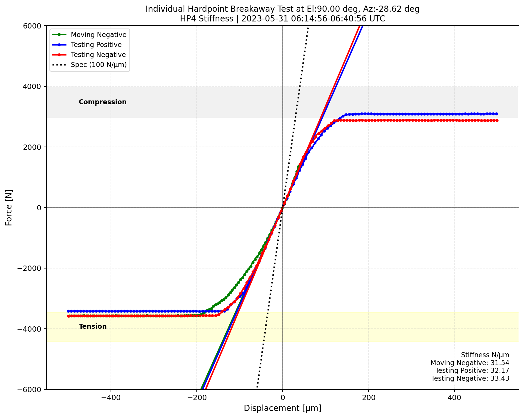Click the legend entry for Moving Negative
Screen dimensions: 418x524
pos(99,35)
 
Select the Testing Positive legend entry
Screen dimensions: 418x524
pos(96,45)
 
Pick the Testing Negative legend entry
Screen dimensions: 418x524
pos(98,55)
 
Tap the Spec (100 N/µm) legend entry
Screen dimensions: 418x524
pos(99,65)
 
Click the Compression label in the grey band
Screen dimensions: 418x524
pos(103,102)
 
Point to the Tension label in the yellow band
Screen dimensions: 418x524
pos(93,326)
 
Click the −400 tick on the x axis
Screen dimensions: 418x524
pos(111,398)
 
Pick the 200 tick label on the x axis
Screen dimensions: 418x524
pos(368,398)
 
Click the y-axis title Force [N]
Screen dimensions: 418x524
pos(9,207)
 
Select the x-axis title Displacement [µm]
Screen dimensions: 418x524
pos(282,408)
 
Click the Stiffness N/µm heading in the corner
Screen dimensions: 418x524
pos(485,355)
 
